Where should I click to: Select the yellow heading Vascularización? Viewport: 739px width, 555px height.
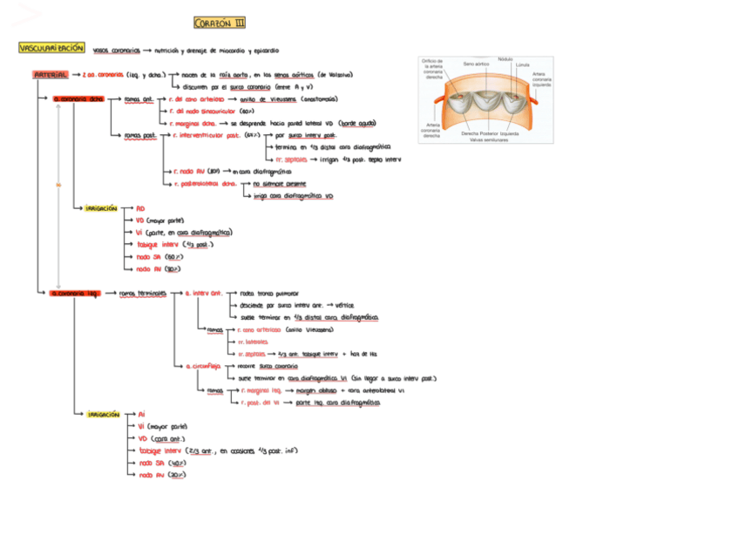click(52, 49)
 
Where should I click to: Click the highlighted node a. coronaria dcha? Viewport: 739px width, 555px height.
click(77, 99)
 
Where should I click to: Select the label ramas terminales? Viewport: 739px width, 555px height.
click(141, 294)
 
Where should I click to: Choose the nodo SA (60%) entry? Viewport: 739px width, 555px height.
click(159, 257)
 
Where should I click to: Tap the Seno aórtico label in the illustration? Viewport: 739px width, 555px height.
click(476, 64)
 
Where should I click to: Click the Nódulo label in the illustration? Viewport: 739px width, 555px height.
click(505, 59)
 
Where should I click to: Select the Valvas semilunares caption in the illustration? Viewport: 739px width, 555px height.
click(488, 139)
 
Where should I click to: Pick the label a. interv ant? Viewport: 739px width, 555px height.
click(204, 294)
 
